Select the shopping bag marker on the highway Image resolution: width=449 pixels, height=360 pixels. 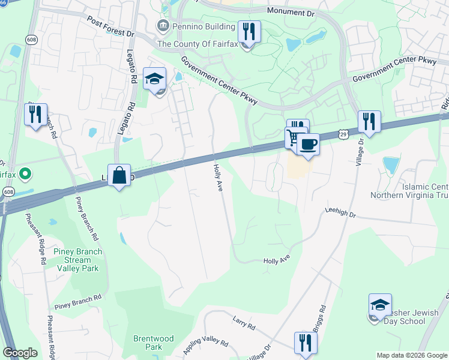119,176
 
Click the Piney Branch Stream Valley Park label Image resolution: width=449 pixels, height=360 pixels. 77,260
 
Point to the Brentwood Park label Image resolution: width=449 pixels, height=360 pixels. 154,343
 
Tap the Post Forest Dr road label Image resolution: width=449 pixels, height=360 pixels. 110,26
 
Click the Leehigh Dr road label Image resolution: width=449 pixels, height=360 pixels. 340,213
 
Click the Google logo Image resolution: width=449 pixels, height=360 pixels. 20,353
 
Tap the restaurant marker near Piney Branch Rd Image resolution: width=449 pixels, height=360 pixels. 35,114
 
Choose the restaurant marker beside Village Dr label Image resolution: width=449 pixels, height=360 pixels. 368,122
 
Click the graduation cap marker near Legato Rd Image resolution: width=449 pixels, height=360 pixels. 154,79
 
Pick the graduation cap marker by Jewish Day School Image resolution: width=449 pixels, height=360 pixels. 380,305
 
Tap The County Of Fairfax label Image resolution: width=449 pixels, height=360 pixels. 197,43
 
